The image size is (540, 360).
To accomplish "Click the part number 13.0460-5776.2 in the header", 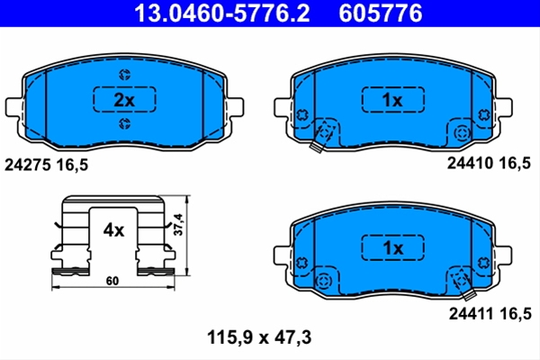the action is coord(222,13).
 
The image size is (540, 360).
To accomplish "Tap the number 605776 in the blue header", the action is coord(380,13).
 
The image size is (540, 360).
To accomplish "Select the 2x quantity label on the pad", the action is coord(124,100).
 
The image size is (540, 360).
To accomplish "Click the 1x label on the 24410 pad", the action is coord(392,100).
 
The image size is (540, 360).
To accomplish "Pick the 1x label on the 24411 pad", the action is coord(393,247).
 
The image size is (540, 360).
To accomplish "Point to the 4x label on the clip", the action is coord(113,230).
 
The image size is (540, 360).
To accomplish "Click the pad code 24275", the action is coord(28,165).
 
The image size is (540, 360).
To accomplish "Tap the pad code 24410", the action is coord(470,163).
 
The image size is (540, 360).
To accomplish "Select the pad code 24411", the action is coord(472,313).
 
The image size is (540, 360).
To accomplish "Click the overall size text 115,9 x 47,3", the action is coord(259,337).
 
